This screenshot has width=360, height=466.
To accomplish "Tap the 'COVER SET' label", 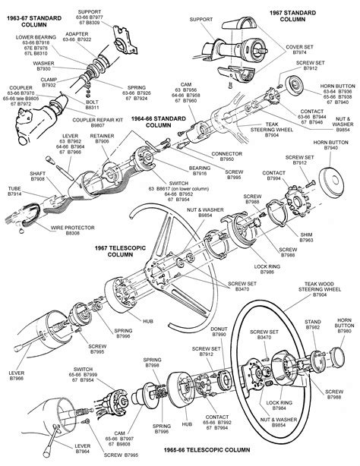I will click(303, 68).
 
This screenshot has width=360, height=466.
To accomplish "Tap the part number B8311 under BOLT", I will click(112, 109).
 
